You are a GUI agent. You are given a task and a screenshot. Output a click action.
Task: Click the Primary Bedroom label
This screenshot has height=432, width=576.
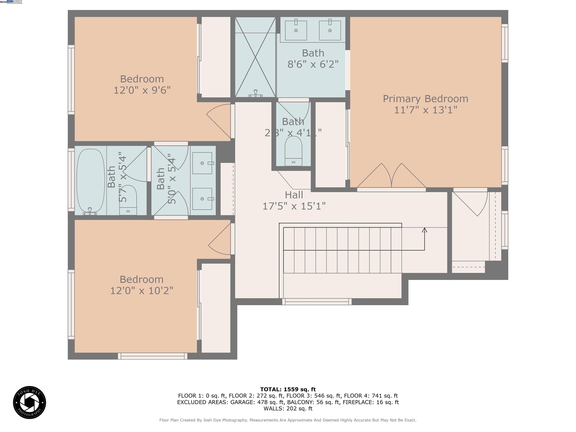point(425,99)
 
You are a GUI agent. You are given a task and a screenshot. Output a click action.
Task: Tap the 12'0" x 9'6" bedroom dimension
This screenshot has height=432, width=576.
point(142,90)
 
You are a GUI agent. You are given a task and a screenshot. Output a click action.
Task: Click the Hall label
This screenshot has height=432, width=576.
point(294,195)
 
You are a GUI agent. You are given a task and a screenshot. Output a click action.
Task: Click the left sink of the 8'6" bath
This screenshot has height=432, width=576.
point(296,30)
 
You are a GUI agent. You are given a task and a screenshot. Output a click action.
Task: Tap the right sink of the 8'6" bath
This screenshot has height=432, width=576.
point(330,30)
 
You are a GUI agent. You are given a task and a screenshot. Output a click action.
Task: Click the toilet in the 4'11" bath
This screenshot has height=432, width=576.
point(293,151)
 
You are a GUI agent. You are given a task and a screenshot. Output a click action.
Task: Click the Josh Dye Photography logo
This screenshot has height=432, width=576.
point(29,402)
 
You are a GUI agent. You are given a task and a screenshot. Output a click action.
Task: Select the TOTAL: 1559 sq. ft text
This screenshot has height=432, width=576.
point(288,389)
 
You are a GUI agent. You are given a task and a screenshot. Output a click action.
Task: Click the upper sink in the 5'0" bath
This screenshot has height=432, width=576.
point(202,163)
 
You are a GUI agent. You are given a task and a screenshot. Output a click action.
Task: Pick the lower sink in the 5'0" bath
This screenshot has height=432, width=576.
point(202,199)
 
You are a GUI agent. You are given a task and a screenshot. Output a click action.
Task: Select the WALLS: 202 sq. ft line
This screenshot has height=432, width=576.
point(288,409)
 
